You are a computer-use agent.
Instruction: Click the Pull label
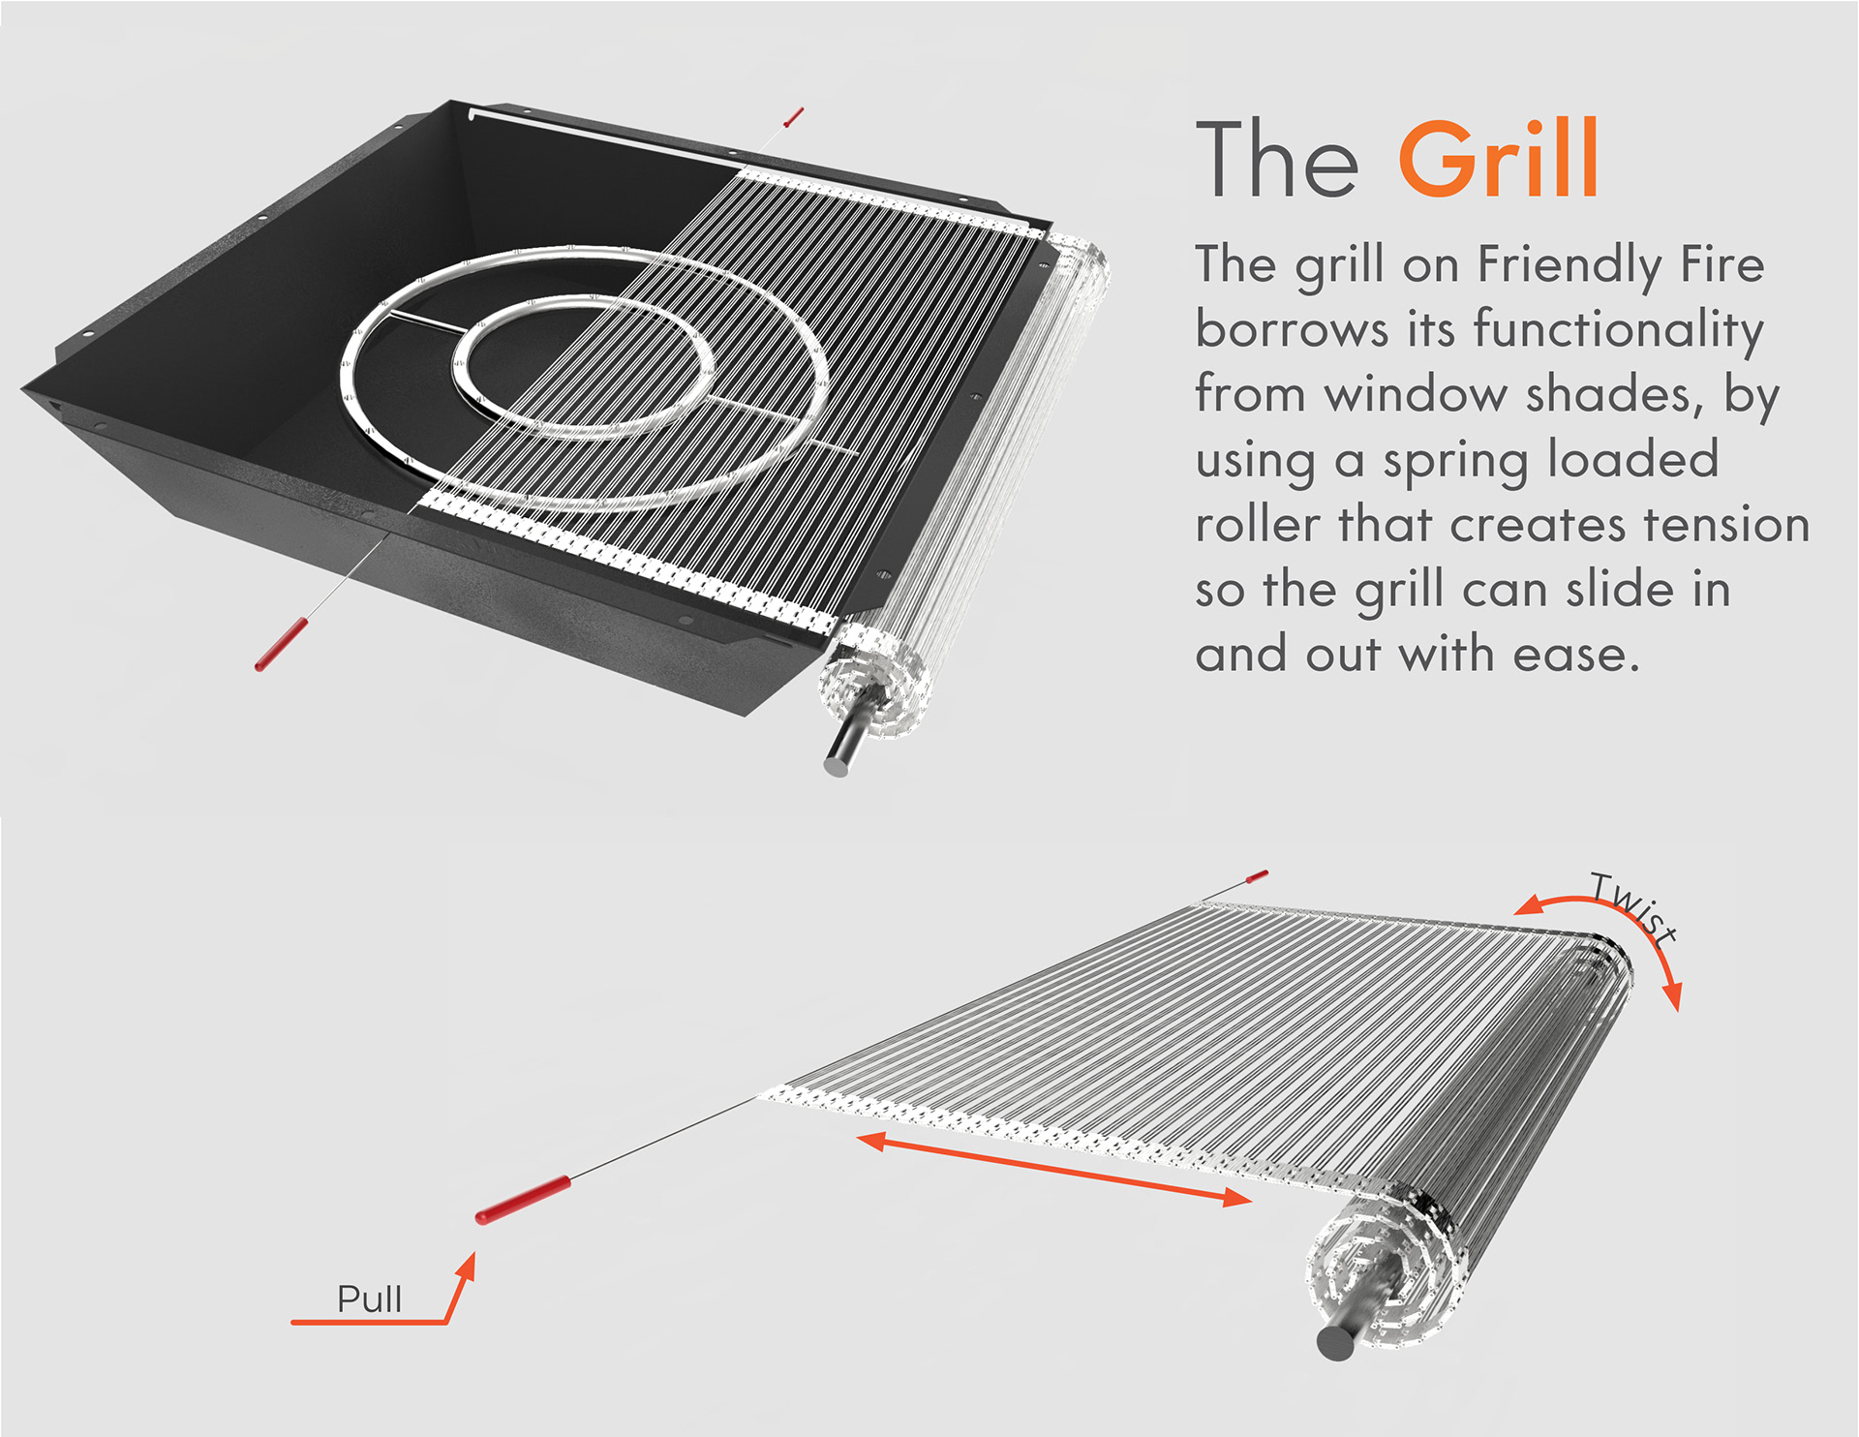click(x=369, y=1299)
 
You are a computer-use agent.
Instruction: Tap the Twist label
click(x=1632, y=906)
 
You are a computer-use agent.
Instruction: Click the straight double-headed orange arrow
click(x=1054, y=1169)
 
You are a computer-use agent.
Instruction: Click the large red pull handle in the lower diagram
click(x=522, y=1200)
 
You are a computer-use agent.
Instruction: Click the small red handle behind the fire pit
click(x=794, y=118)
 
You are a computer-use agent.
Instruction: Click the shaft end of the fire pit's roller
click(x=836, y=765)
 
